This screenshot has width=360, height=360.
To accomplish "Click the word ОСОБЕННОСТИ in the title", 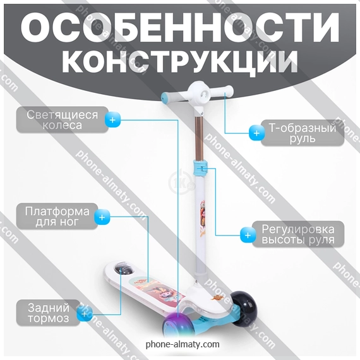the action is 180,27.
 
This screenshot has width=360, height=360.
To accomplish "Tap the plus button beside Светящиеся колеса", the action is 112,120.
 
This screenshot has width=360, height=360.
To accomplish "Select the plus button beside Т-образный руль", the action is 256,133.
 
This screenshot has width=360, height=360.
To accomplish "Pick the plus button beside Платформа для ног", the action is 102,217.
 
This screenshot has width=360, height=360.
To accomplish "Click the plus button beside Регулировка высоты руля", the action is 248,236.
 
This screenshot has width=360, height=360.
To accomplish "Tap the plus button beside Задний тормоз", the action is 84,314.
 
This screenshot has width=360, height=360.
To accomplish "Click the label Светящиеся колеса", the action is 63,120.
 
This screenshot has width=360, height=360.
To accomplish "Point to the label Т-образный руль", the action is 303,133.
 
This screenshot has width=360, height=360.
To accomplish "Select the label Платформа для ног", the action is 57,216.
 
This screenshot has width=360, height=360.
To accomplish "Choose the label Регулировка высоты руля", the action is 298,234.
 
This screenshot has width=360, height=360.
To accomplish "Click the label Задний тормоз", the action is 49,313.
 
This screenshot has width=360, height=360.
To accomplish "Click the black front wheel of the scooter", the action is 244,309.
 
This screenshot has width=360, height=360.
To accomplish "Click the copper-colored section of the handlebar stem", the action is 199,138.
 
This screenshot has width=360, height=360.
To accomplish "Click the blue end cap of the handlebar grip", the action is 164,97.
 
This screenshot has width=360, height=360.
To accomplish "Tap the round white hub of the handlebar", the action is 199,94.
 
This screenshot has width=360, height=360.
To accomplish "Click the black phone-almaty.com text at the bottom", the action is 183,344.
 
